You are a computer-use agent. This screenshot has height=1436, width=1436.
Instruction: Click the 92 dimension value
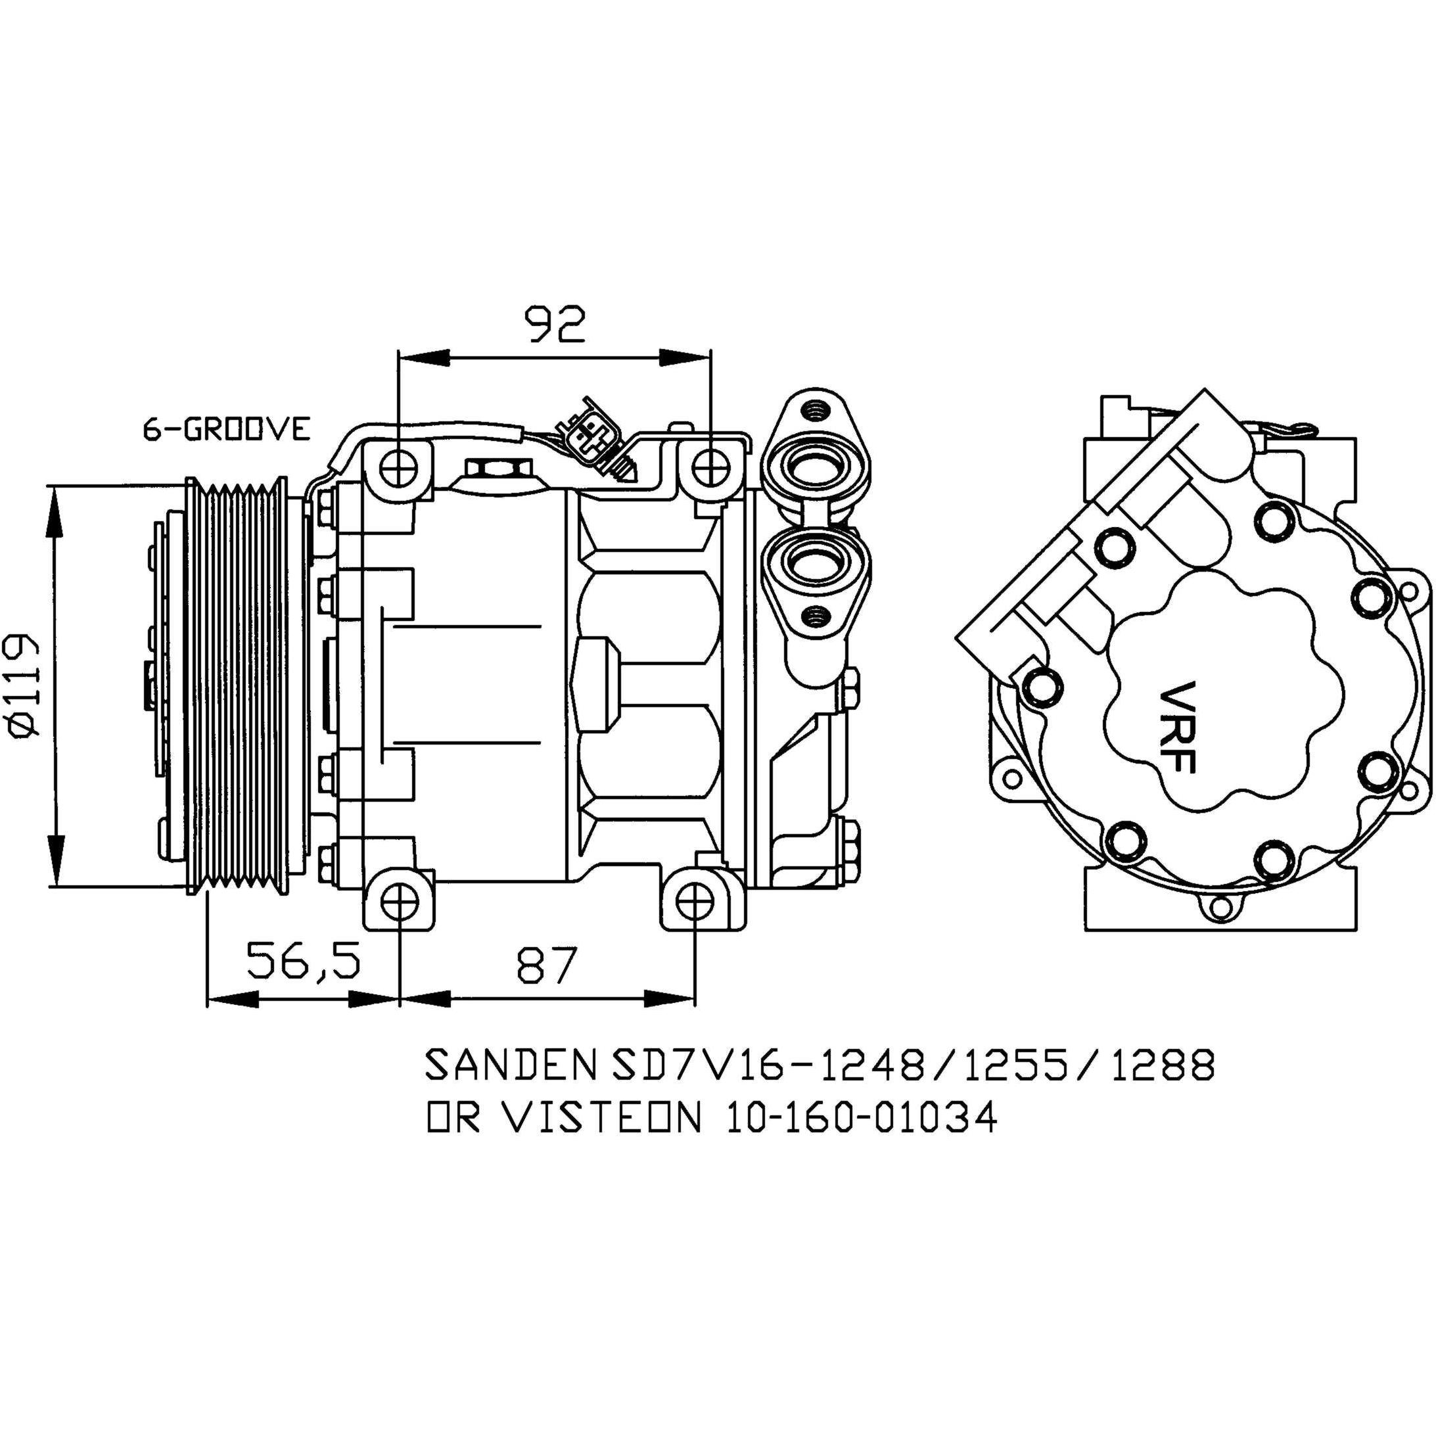point(556,323)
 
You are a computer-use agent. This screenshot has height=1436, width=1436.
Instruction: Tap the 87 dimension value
point(547,964)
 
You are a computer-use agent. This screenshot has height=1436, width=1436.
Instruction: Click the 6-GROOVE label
point(227,430)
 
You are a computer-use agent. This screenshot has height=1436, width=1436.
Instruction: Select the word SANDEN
point(511,1065)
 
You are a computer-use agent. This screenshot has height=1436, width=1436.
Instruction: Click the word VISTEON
point(601,1118)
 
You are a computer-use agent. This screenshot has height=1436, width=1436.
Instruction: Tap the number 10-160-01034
point(862,1118)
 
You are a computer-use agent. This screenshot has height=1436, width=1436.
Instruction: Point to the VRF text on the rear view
point(1177,727)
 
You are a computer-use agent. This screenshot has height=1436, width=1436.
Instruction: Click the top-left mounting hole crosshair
point(399,467)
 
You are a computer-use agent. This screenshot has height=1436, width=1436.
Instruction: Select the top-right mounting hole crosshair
point(711,467)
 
